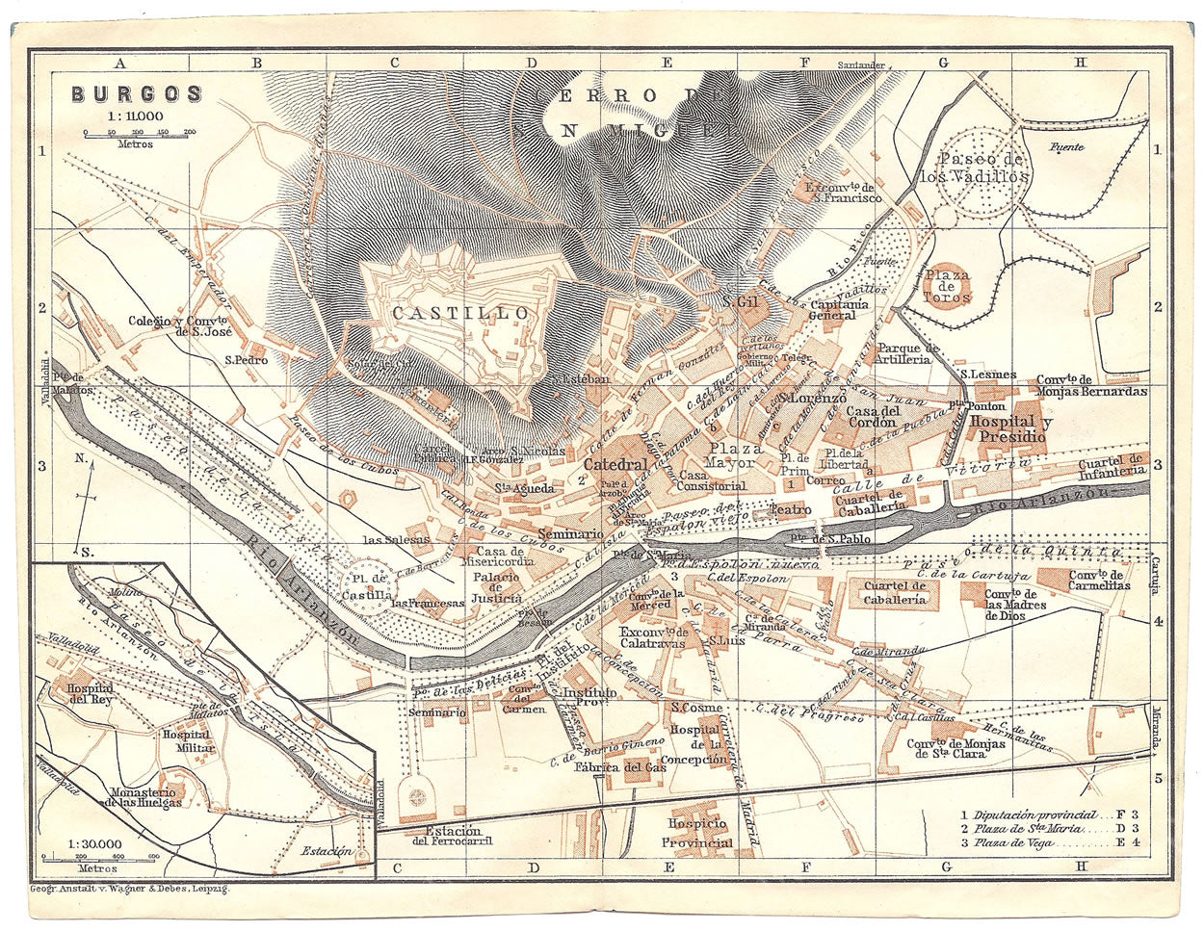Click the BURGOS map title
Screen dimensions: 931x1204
(x=136, y=94)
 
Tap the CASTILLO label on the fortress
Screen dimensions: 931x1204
(x=460, y=313)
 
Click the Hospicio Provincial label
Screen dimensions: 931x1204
(x=697, y=834)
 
